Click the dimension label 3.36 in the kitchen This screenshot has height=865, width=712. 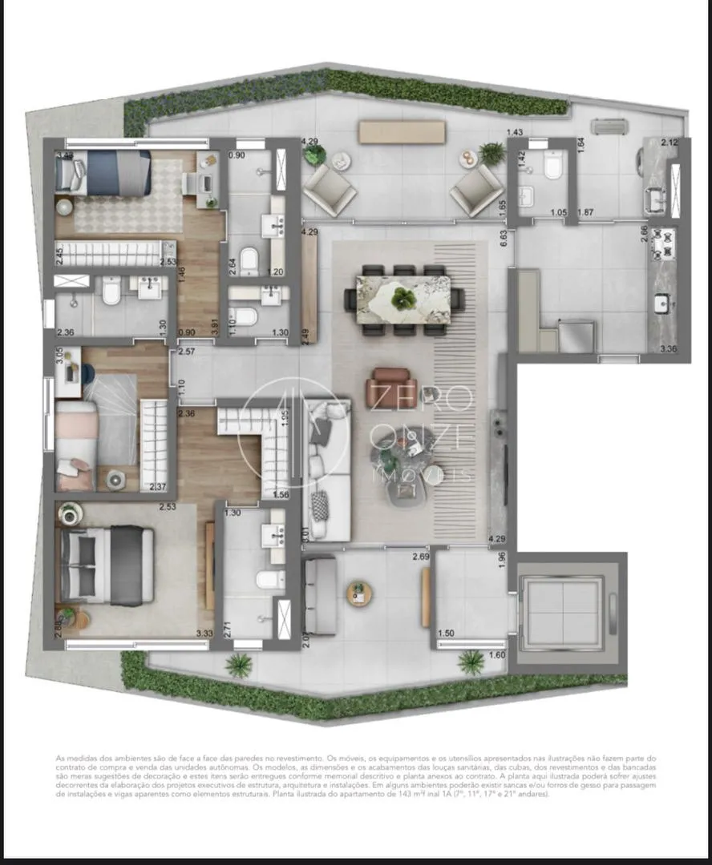pos(668,349)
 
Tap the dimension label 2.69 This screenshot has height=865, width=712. pos(420,557)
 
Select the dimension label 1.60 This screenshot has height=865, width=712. pos(498,656)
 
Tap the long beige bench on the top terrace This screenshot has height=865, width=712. pos(401,132)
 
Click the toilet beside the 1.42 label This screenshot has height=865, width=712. pos(552,166)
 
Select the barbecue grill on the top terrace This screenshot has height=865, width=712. pos(613,127)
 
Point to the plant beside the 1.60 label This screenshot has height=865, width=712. pos(471,662)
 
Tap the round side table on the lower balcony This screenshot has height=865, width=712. pos(359,593)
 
